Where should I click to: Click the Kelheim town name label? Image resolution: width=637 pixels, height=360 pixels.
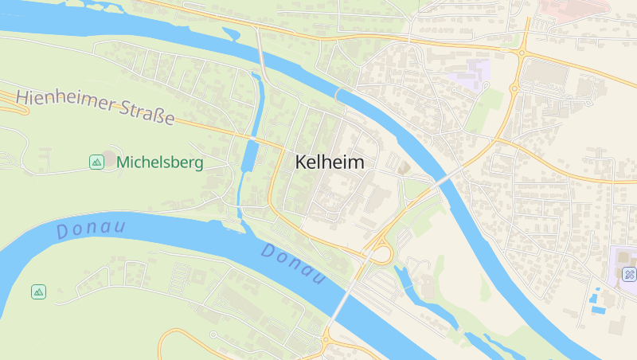[x=330, y=162]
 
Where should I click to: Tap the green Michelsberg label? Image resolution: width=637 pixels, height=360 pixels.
[x=159, y=162]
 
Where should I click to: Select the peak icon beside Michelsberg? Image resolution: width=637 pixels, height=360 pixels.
[x=96, y=162]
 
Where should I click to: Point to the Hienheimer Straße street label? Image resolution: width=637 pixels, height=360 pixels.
[x=95, y=108]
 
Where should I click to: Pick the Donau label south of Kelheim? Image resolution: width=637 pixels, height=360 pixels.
[x=294, y=264]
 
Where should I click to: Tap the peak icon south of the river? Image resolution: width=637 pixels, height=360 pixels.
[x=38, y=292]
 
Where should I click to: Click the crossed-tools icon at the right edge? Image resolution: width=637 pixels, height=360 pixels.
[x=629, y=275]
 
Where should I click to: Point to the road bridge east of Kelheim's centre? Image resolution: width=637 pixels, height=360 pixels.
[x=447, y=177]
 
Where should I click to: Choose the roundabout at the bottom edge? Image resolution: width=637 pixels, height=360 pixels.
[x=326, y=340]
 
